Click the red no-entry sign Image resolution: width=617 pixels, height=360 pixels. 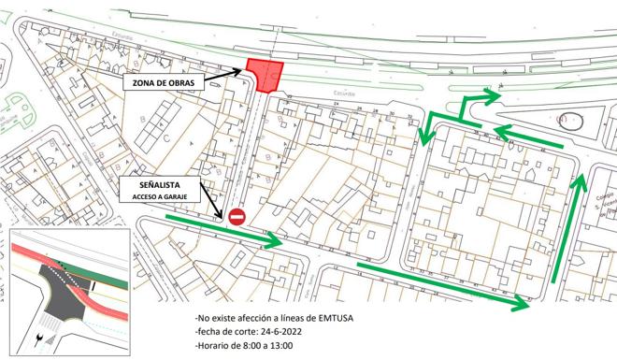(237, 217)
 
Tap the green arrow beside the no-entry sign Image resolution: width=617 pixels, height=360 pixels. (224, 231)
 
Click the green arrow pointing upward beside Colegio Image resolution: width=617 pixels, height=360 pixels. (568, 224)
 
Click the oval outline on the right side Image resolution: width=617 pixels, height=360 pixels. (569, 121)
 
